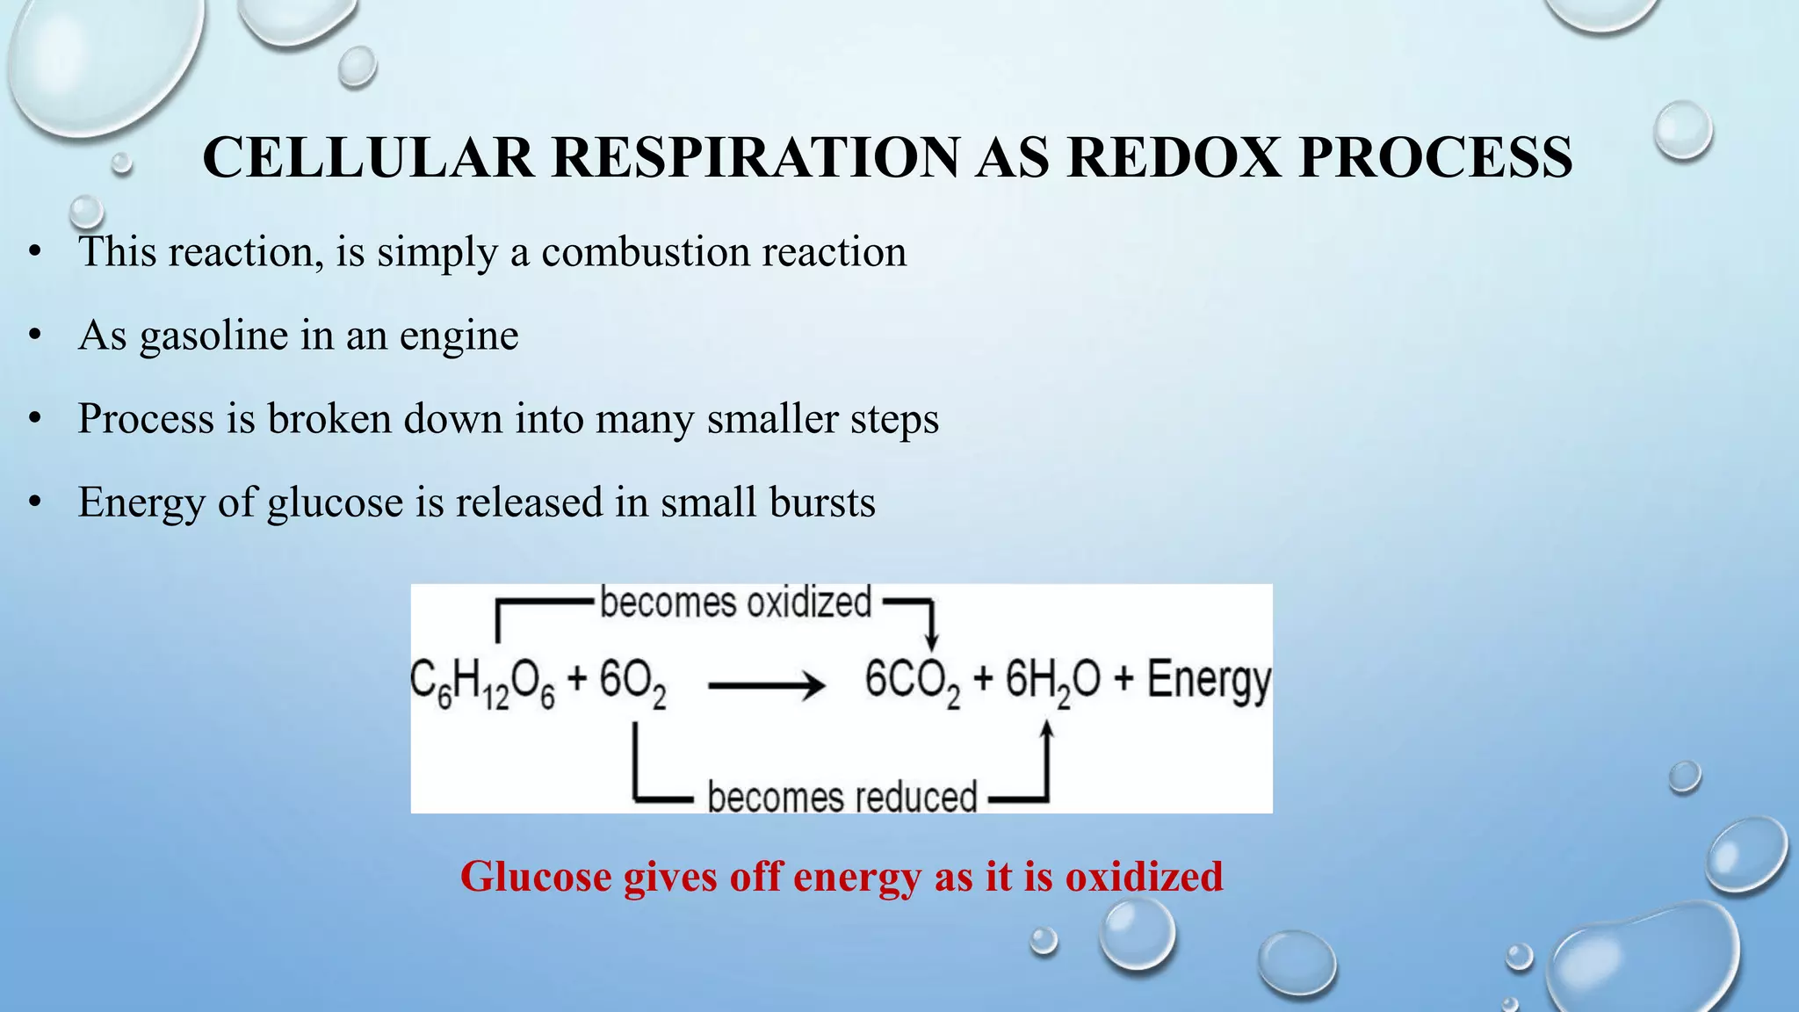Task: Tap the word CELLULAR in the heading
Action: (368, 158)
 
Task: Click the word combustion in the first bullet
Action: (646, 252)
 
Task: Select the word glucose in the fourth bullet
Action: (335, 504)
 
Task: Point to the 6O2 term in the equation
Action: (632, 683)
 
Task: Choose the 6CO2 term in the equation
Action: (912, 683)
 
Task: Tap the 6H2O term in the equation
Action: (1052, 683)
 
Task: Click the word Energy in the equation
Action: (1209, 683)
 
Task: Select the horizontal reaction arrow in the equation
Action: (766, 685)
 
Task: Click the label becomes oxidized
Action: (735, 604)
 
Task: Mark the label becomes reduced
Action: (842, 798)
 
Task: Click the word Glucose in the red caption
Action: (532, 877)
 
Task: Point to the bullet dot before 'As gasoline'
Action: (35, 336)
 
